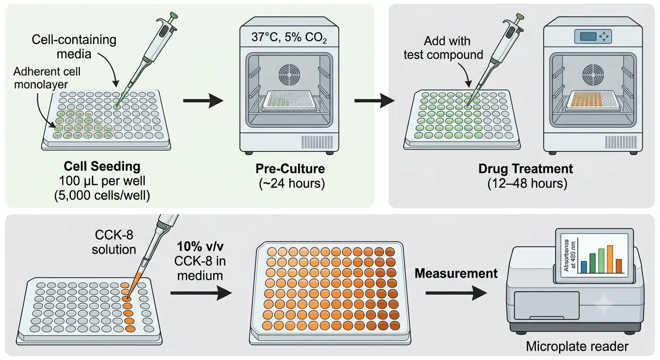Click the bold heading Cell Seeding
pos(102,166)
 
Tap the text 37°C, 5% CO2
pos(289,37)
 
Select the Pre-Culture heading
pos(290,169)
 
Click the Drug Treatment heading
pos(525,169)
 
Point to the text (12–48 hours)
pos(527,184)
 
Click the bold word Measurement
pos(456,273)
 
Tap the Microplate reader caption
pos(577,346)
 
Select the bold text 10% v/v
pos(200,246)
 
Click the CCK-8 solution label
pos(114,242)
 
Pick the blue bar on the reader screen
pos(584,267)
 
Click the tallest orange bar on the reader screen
pos(610,259)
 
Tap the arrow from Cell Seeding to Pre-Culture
pos(203,101)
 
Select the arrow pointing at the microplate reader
pos(456,293)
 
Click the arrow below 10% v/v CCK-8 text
pos(201,293)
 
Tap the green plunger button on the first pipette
pos(174,15)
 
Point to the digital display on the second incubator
pos(588,37)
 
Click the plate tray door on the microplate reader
pos(547,306)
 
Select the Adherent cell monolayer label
pos(47,78)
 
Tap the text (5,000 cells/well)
pos(102,195)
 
